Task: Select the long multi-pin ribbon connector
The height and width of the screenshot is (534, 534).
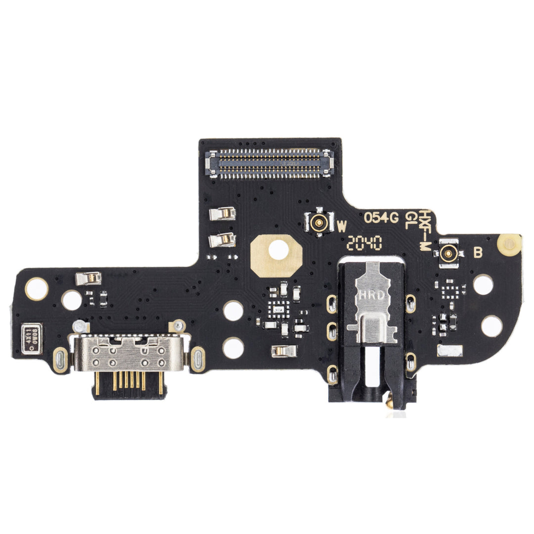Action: (x=269, y=164)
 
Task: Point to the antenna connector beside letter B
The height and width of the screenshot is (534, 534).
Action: (x=449, y=254)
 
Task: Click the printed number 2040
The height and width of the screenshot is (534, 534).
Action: (x=364, y=243)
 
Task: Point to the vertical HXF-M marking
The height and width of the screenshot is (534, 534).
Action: (x=424, y=230)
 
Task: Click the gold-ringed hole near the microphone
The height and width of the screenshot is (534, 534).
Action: (x=37, y=288)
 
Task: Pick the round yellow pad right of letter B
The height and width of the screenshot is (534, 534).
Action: (x=509, y=244)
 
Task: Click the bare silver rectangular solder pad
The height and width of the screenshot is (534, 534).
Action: (x=449, y=351)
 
